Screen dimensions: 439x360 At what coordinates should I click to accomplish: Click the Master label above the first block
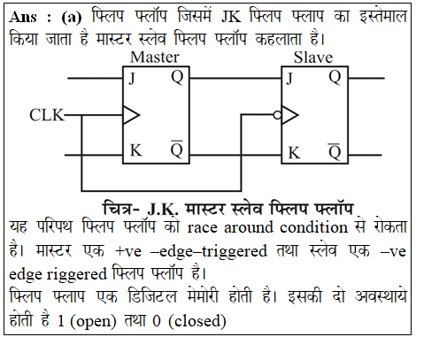coord(155,57)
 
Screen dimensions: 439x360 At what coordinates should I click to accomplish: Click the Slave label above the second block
coord(313,57)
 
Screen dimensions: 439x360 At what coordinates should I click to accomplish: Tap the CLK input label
coord(47,115)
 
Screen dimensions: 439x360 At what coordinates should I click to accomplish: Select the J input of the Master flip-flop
coord(132,79)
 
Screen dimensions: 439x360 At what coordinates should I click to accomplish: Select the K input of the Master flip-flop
coord(136,150)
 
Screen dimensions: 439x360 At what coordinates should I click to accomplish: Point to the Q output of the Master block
coord(177,78)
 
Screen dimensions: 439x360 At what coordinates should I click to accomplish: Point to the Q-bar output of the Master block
coord(177,149)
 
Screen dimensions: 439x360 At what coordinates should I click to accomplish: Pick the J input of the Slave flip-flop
coord(289,79)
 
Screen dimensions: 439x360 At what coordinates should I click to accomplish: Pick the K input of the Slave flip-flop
coord(294,153)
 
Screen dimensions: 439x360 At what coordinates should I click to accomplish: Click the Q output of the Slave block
coord(335,78)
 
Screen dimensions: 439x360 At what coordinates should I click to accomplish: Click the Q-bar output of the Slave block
coord(335,151)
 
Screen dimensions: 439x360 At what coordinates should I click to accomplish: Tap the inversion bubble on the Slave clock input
coord(277,115)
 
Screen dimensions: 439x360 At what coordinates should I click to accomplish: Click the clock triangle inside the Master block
coord(131,115)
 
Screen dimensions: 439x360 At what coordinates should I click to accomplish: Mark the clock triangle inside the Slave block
coord(290,115)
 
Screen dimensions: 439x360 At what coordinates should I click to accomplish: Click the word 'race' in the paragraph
coord(203,227)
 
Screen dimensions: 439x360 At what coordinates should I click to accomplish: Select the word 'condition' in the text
coord(314,227)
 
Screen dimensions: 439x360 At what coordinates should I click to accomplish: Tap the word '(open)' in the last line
coord(93,321)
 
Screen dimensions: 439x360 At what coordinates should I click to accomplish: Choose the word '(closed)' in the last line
coord(197,321)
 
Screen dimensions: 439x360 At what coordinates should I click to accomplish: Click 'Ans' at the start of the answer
coord(23,17)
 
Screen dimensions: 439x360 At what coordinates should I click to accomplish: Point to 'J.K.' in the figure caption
coord(163,210)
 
